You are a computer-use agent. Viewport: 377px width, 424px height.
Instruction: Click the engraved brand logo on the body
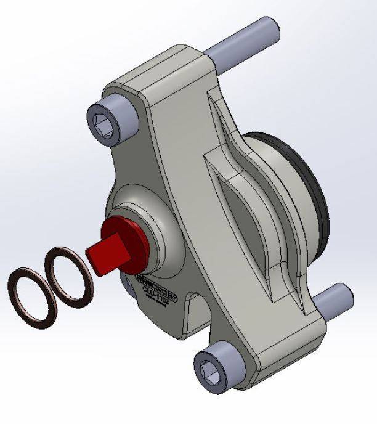click(155, 280)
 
